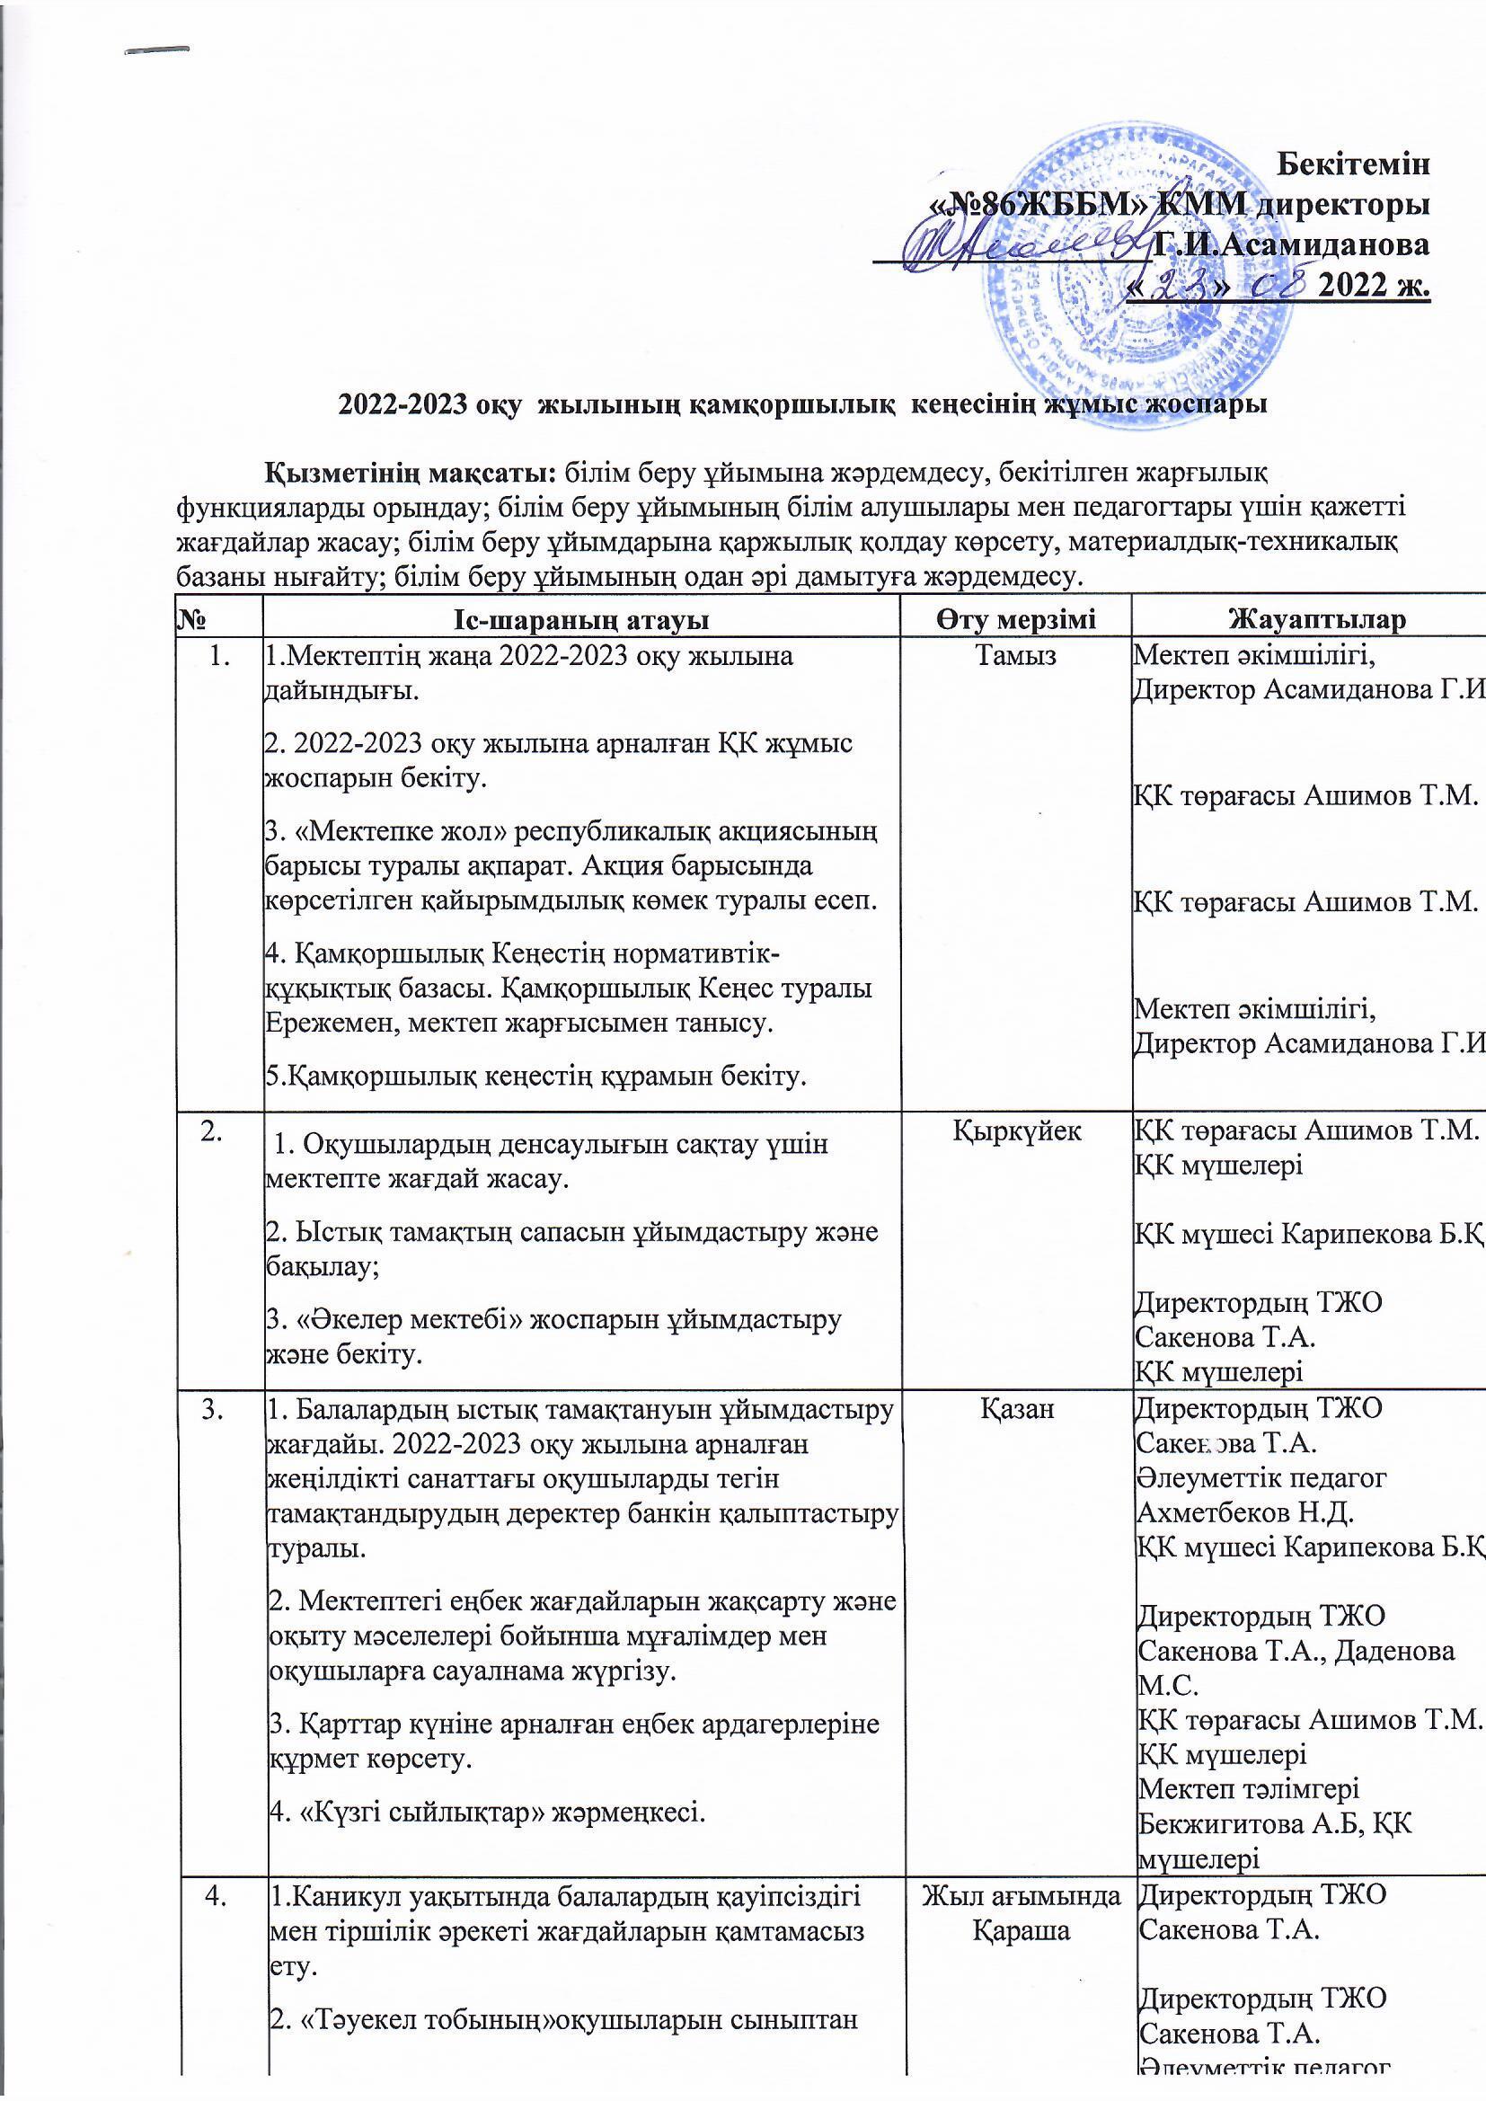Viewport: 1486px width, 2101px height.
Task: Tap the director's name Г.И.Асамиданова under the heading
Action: click(x=1291, y=244)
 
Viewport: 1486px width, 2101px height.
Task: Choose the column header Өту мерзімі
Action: click(x=1016, y=619)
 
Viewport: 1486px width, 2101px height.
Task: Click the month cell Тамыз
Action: click(x=1016, y=656)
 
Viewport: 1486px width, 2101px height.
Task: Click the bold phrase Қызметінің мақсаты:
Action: click(x=411, y=473)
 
